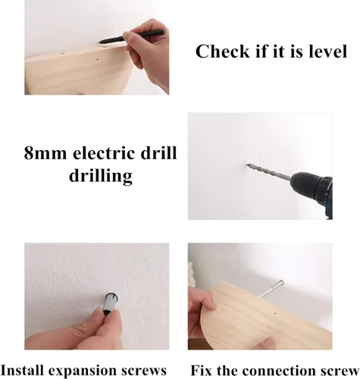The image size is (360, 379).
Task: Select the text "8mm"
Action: (45, 153)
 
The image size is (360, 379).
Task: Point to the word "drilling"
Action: (101, 176)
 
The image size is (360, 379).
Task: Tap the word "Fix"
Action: (202, 371)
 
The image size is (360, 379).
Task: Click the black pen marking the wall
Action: (131, 36)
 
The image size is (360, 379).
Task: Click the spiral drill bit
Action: (269, 172)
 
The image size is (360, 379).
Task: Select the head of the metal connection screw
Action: (281, 283)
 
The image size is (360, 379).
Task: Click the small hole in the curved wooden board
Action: (275, 314)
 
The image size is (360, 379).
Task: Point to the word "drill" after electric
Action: (158, 152)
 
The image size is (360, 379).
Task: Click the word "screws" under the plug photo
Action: (144, 371)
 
